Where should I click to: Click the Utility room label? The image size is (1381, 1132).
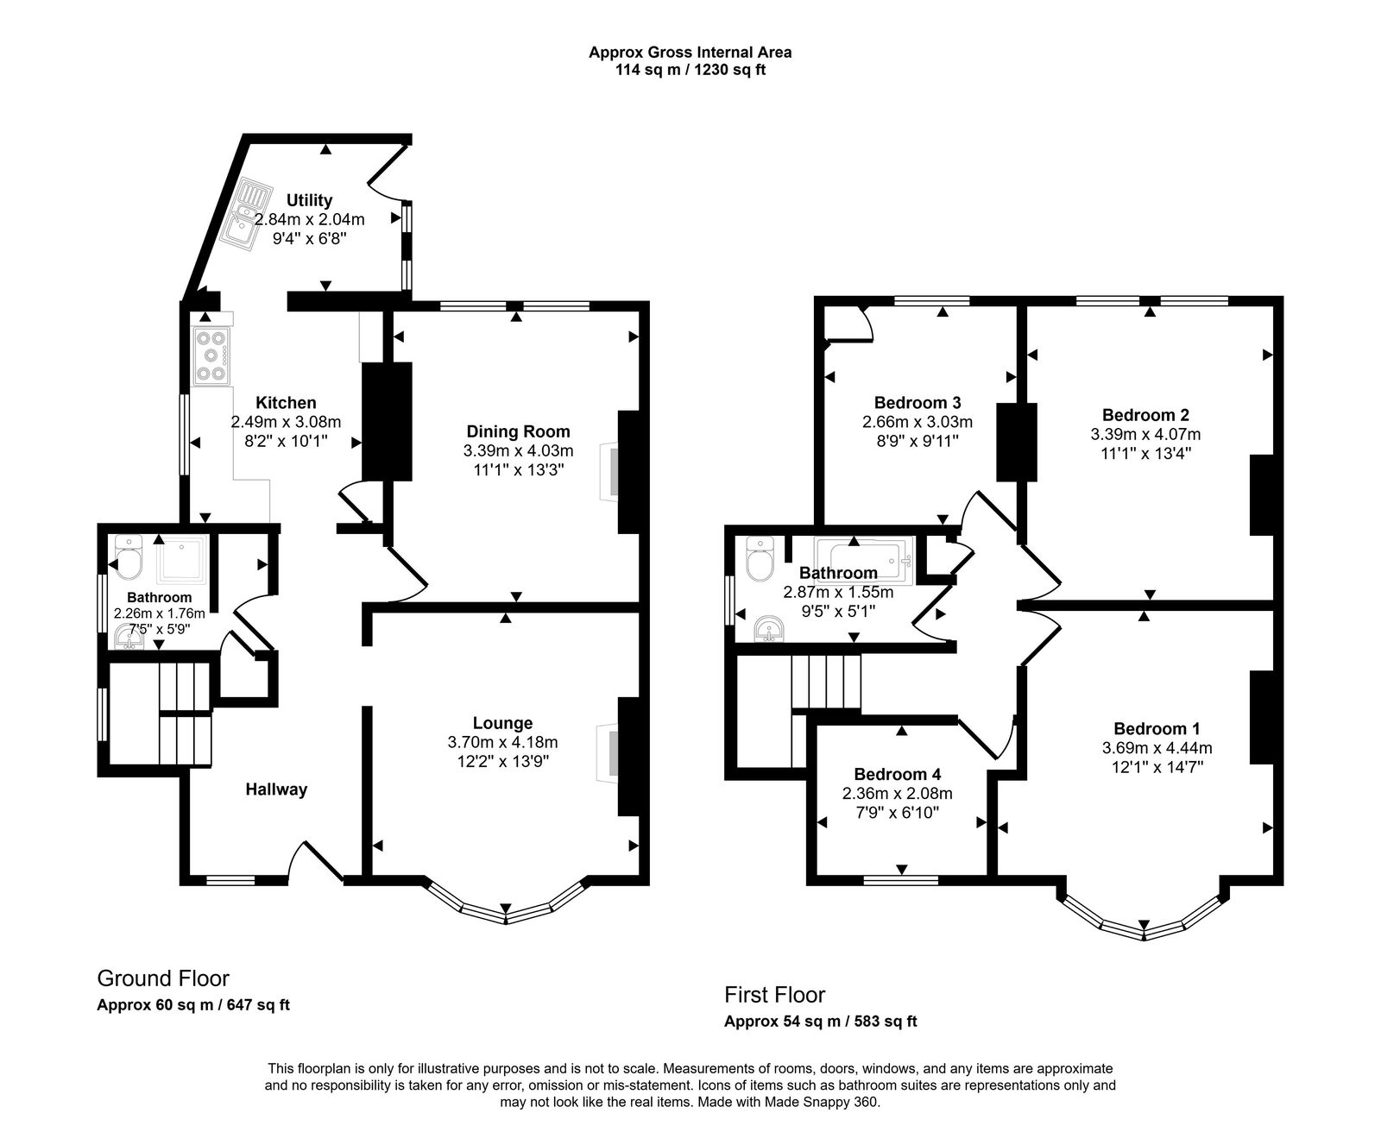309,201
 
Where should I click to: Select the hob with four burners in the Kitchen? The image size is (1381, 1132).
212,355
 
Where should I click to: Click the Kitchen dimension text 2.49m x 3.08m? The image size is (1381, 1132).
286,422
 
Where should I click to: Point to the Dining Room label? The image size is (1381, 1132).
518,431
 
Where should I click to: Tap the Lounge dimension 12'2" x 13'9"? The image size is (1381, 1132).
502,761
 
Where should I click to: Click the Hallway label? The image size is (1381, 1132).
276,789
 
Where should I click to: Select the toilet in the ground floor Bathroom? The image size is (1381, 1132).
129,561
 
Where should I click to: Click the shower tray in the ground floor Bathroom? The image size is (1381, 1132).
182,560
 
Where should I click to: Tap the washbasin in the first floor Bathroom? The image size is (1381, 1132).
768,629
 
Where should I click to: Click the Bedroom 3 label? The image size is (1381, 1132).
918,402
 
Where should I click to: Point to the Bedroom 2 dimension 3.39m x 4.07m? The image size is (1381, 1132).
1145,434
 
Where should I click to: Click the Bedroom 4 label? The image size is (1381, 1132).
898,774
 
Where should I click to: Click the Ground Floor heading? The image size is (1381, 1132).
163,978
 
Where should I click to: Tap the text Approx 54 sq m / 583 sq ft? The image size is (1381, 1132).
820,1022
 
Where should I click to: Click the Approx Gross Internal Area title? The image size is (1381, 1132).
690,52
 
